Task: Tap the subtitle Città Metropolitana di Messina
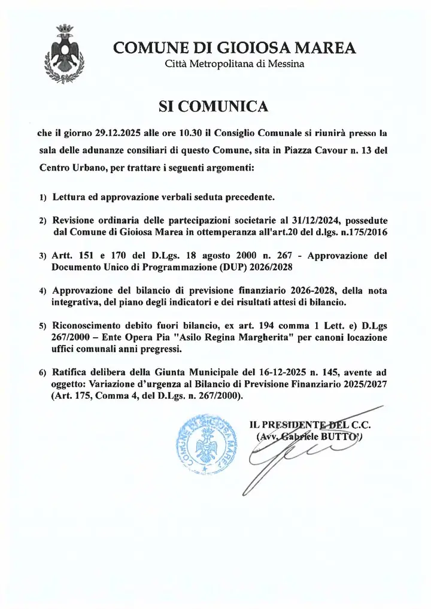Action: click(x=235, y=64)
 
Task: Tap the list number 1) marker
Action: click(x=43, y=197)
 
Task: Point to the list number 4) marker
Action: click(x=43, y=291)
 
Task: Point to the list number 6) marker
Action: click(x=43, y=372)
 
